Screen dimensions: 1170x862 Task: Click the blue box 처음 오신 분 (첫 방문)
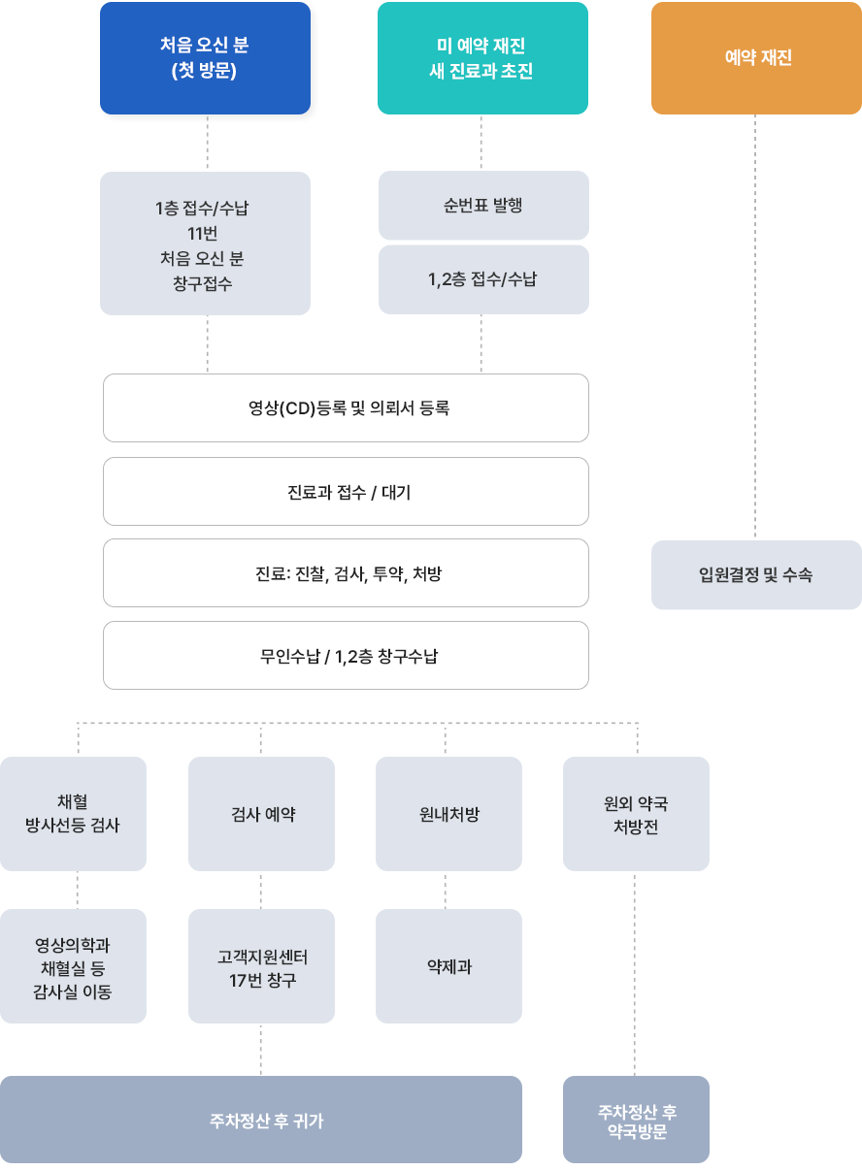point(205,58)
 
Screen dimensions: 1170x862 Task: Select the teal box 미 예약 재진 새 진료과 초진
point(482,58)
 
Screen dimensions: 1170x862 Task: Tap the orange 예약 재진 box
point(756,58)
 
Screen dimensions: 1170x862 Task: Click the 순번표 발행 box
point(483,206)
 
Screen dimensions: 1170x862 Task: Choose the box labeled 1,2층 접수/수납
point(483,279)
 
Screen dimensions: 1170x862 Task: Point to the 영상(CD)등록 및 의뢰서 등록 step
point(346,408)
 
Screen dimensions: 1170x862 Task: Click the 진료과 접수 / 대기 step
point(346,492)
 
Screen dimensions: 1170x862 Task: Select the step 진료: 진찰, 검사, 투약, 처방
point(346,573)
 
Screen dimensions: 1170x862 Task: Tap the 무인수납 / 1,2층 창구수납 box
point(346,656)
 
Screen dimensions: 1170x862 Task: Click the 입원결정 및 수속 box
point(756,575)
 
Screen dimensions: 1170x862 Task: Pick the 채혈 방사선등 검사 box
point(73,814)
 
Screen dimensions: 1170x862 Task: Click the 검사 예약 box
point(261,814)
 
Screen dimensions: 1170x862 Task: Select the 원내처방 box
point(448,814)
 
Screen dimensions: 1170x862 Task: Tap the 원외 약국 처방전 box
point(636,814)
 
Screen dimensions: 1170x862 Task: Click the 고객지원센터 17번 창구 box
point(261,967)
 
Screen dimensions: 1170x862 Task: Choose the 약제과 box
point(448,966)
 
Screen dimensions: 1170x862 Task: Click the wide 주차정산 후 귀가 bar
point(261,1121)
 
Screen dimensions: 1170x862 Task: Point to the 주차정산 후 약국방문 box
point(636,1121)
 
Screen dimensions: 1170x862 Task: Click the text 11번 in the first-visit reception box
point(205,233)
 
